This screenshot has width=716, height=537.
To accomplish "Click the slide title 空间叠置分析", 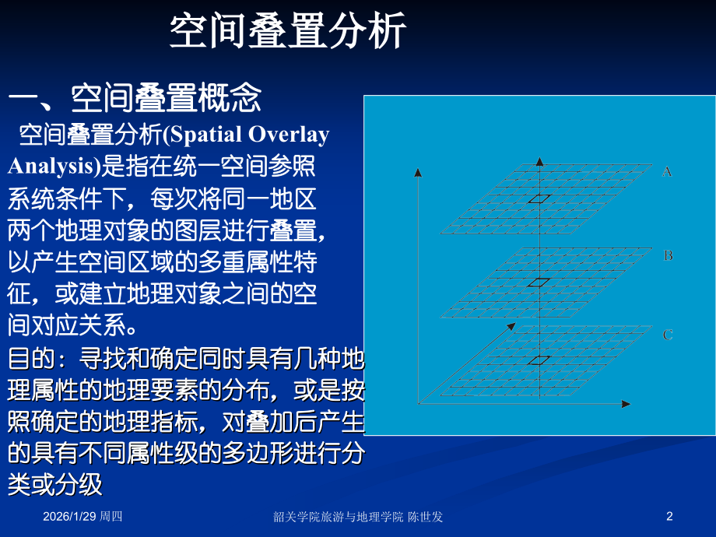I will click(288, 33).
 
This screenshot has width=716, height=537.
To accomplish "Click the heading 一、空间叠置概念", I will click(135, 98).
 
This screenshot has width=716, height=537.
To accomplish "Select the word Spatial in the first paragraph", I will click(203, 135).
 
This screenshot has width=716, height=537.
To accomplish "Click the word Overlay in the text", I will click(289, 135).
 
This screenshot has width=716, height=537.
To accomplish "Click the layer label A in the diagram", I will click(666, 171).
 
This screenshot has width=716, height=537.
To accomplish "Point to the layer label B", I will click(668, 255).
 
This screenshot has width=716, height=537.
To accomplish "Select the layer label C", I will click(668, 335).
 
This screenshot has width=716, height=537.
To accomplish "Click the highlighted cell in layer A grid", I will click(538, 198).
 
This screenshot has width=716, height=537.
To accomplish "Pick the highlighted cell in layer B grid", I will click(538, 283).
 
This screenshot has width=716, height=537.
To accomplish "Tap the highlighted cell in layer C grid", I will click(538, 360).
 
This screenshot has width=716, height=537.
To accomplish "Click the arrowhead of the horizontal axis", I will click(626, 404).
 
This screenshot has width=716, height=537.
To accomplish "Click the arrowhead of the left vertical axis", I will click(418, 172).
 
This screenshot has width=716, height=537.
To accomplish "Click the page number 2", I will click(669, 516).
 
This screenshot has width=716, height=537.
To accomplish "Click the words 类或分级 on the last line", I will click(55, 484).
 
